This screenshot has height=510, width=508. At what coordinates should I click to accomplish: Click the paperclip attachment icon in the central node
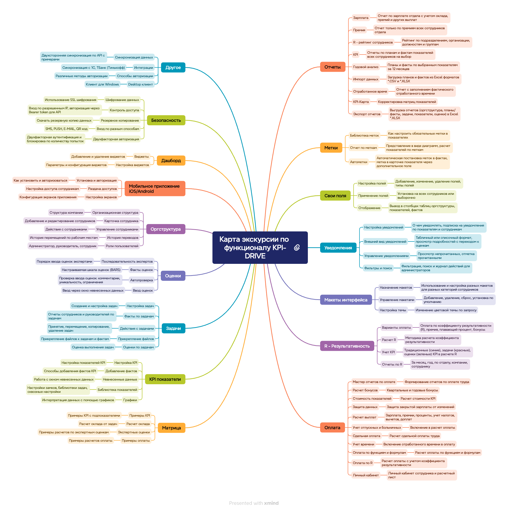pyautogui.click(x=297, y=248)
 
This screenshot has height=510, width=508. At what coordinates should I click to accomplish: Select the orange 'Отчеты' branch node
pyautogui.click(x=332, y=67)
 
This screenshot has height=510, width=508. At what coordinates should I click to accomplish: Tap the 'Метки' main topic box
pyautogui.click(x=331, y=148)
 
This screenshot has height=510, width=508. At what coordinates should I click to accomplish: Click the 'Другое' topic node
pyautogui.click(x=173, y=68)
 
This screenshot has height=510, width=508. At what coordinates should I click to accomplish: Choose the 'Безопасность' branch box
pyautogui.click(x=166, y=120)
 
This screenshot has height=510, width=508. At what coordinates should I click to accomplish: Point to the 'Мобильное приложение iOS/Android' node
pyautogui.click(x=155, y=189)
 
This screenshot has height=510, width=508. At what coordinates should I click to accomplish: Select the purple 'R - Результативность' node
pyautogui.click(x=347, y=346)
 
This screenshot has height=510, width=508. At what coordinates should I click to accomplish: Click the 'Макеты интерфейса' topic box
pyautogui.click(x=345, y=300)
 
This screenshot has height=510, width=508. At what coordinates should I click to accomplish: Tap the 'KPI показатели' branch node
pyautogui.click(x=165, y=379)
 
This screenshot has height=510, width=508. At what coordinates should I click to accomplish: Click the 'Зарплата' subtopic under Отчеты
pyautogui.click(x=361, y=18)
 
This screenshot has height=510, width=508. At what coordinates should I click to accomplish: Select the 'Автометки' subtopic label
pyautogui.click(x=359, y=162)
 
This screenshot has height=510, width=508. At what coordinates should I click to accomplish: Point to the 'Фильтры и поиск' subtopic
pyautogui.click(x=378, y=268)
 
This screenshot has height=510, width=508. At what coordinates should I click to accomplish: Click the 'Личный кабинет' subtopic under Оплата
pyautogui.click(x=366, y=475)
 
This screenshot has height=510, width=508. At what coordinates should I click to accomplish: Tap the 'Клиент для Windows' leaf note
pyautogui.click(x=102, y=85)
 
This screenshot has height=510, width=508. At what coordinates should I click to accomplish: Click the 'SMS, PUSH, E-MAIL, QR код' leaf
pyautogui.click(x=66, y=129)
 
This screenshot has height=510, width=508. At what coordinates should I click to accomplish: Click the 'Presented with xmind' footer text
pyautogui.click(x=254, y=503)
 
